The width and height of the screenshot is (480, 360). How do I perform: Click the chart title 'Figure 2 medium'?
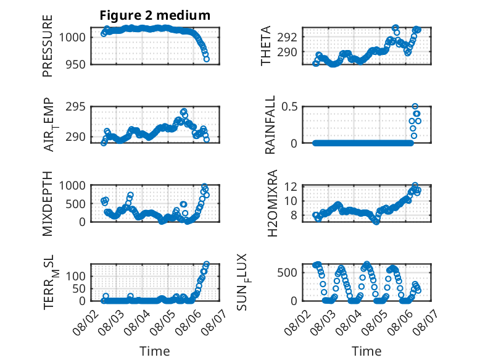[155, 15]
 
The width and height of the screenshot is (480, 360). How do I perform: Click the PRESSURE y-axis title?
[48, 46]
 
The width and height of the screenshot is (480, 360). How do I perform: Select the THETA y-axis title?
[266, 46]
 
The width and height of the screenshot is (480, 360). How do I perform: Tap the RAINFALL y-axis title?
[270, 124]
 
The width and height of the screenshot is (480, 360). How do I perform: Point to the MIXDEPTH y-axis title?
[48, 204]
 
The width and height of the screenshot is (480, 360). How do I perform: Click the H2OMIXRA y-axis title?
[272, 203]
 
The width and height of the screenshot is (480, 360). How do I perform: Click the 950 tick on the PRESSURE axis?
[76, 65]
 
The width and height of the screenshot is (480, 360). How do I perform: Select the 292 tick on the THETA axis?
[287, 38]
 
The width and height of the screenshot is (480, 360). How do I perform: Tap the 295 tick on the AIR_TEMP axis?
[76, 107]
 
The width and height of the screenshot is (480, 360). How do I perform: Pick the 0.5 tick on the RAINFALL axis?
[289, 107]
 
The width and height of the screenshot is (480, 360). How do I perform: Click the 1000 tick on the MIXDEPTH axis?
[72, 186]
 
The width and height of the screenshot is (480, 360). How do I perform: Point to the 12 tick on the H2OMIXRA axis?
[291, 186]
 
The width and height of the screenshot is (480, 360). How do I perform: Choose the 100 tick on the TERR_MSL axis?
[76, 277]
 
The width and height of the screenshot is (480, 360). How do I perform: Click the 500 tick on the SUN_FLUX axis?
[287, 273]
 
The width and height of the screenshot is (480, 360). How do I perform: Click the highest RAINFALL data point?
[415, 106]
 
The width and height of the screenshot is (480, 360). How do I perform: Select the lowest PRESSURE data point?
[206, 59]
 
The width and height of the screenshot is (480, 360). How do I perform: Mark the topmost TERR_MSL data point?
[206, 264]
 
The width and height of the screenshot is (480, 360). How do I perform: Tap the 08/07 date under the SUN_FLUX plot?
[424, 322]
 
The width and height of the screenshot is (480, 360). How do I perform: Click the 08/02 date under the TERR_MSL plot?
[84, 322]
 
